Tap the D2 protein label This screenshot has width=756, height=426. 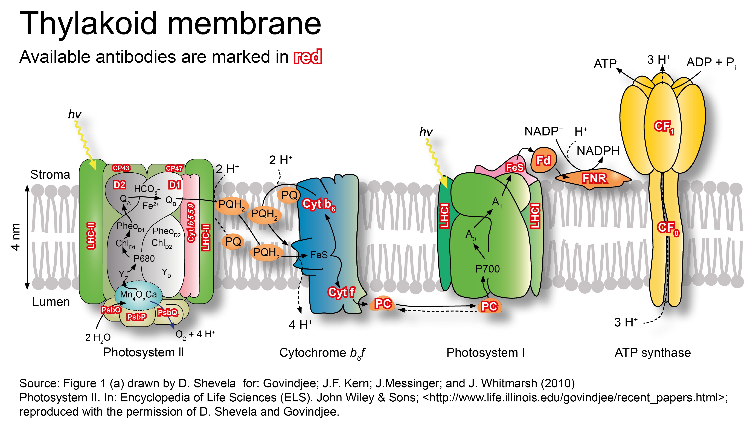coord(120,185)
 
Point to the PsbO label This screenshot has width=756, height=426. coord(111,310)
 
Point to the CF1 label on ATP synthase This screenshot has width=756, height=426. coord(664,127)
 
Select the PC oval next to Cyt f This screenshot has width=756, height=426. coord(383,304)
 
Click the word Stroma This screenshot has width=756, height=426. coord(50,175)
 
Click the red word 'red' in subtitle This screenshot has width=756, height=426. coord(308,57)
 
